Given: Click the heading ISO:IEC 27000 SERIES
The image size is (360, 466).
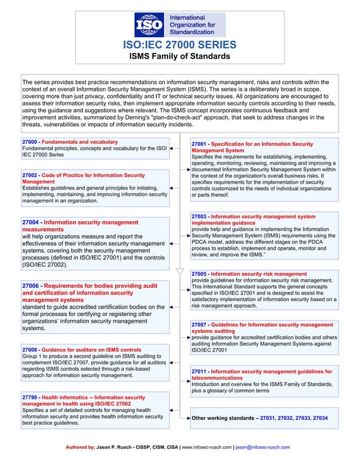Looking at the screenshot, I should (x=179, y=45).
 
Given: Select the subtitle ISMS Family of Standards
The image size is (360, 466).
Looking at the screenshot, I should (x=179, y=56).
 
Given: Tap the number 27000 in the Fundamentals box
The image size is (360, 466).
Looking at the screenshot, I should (x=29, y=142).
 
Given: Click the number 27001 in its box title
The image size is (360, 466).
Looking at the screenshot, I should (x=199, y=144).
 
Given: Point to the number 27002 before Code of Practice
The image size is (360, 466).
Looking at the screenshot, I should (x=29, y=175).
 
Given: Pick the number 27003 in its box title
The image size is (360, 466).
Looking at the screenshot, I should (x=199, y=216).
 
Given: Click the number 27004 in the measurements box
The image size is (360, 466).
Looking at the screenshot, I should (x=31, y=223).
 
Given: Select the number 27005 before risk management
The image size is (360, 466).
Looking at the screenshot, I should (x=199, y=274).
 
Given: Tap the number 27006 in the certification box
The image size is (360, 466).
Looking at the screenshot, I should (x=31, y=286).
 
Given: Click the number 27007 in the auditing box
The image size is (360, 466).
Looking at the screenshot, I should (x=199, y=325).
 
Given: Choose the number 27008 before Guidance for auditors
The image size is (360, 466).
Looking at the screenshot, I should (x=29, y=350).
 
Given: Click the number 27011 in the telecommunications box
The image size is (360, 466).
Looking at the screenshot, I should (x=199, y=372).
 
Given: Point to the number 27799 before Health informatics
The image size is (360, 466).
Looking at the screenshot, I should (x=29, y=398).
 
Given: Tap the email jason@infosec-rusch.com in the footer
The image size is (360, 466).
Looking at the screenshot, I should (x=263, y=447).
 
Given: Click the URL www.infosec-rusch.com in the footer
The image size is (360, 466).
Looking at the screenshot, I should (x=205, y=447).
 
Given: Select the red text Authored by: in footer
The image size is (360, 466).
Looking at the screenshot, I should (x=81, y=447).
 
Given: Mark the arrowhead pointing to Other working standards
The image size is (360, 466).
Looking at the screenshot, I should (x=188, y=419).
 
